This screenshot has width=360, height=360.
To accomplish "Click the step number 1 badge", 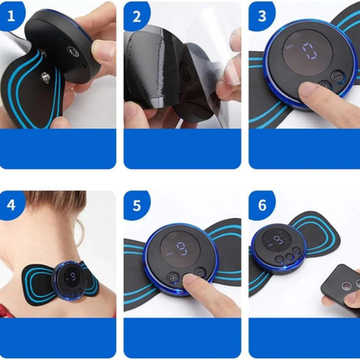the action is click(x=11, y=16).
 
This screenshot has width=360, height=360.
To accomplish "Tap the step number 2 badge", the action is click(x=137, y=16).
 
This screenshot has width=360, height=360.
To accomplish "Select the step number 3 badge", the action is click(x=262, y=16).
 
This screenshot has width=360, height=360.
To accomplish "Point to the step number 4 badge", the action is click(x=11, y=205).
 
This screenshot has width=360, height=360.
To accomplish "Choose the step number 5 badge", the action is click(x=137, y=205).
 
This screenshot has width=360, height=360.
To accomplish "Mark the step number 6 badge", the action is click(x=262, y=205).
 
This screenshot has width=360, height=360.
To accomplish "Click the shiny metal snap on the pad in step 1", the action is click(x=45, y=77).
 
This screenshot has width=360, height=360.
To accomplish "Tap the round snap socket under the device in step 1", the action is click(x=73, y=52).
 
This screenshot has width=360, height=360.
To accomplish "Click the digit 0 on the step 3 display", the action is click(x=310, y=51).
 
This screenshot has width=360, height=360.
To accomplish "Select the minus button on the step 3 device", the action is click(x=337, y=77).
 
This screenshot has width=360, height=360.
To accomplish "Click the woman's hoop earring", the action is click(x=80, y=232).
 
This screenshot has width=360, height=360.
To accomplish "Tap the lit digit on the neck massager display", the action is click(x=73, y=277).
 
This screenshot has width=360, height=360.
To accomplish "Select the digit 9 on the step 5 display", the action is click(x=182, y=250).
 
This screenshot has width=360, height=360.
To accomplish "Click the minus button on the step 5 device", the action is click(x=200, y=272).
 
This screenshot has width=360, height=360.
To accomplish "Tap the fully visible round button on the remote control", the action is click(x=346, y=286).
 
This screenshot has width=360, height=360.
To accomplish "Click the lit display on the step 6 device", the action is click(x=276, y=241).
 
